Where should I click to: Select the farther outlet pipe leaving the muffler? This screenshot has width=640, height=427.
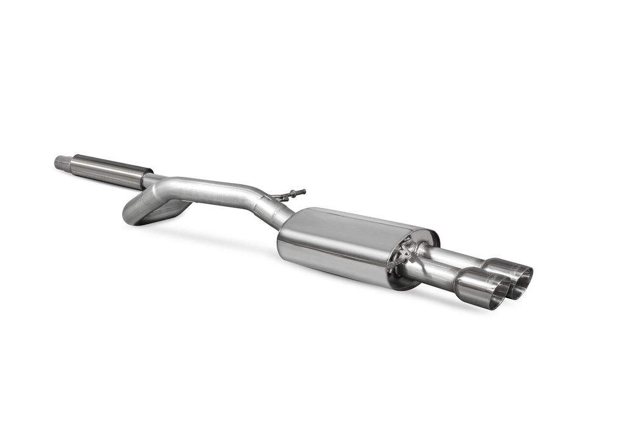[454, 255]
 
